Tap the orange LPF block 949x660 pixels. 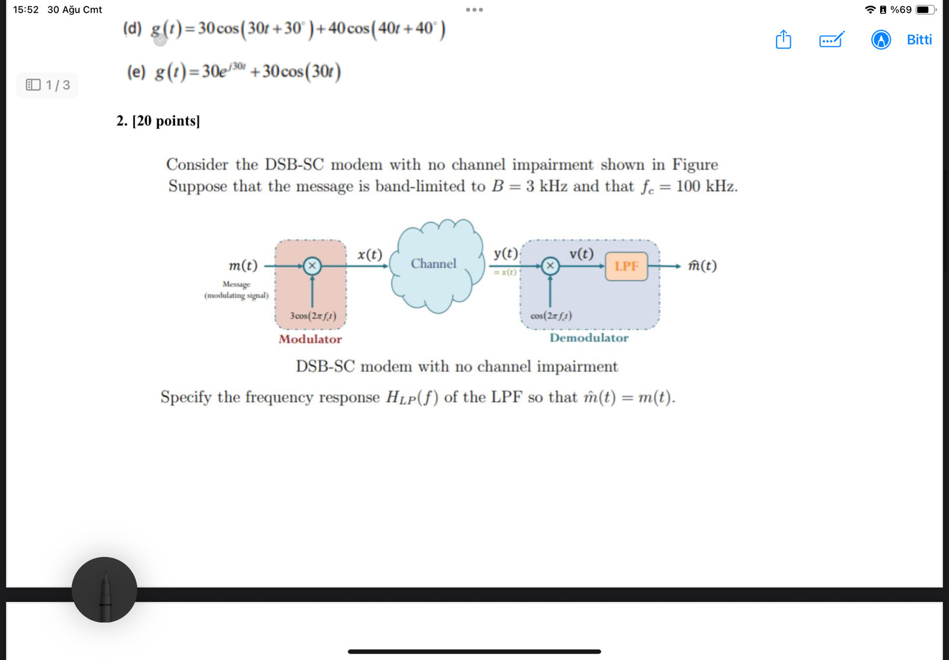[626, 266]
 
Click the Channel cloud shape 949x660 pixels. [437, 266]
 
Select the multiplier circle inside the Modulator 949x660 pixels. [312, 266]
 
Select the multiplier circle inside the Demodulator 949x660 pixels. [550, 266]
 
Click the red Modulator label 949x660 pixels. [310, 339]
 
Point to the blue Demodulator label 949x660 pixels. [589, 338]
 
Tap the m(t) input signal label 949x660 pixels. [243, 265]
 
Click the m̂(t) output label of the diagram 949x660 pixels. [702, 265]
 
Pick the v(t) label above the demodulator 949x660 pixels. [581, 253]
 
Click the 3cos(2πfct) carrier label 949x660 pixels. [313, 316]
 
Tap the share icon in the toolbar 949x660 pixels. [784, 39]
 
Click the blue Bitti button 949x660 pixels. [919, 39]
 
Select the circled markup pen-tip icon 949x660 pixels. [881, 40]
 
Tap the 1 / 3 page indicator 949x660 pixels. [47, 85]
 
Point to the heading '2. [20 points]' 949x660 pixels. [158, 121]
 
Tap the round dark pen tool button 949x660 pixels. [104, 589]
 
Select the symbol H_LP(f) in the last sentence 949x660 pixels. [412, 398]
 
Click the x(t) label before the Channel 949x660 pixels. [370, 255]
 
